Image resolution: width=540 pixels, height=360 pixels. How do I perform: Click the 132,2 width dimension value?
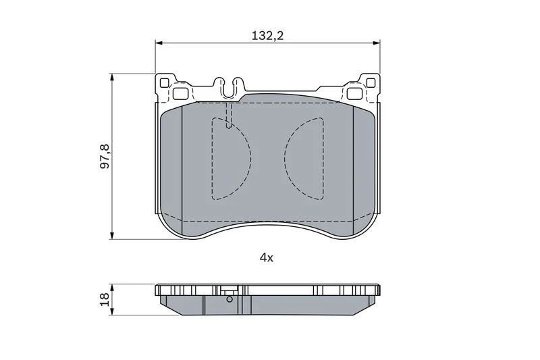[x=267, y=36]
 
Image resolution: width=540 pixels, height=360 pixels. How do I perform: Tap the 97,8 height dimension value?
[x=105, y=156]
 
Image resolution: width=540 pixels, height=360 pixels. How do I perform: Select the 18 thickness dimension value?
[x=105, y=299]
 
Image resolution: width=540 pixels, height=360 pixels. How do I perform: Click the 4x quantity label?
[x=266, y=257]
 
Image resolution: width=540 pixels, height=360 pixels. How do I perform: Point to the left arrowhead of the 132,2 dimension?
[x=159, y=43]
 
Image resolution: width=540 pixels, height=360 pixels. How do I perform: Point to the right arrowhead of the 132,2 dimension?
[x=377, y=43]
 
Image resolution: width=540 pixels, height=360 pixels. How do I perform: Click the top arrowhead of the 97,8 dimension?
[x=111, y=77]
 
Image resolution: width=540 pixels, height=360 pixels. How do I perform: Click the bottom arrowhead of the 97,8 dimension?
[x=111, y=236]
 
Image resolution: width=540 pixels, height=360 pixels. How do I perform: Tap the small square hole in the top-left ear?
[x=164, y=82]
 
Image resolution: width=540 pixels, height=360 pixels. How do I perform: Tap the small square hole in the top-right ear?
[x=371, y=82]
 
